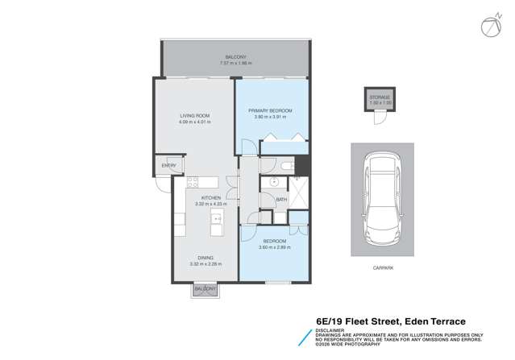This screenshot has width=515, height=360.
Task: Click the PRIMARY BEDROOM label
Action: click(270, 110)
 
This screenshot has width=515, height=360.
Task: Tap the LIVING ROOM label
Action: click(194, 116)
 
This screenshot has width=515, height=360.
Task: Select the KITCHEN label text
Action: click(211, 198)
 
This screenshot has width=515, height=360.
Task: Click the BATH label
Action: click(281, 199)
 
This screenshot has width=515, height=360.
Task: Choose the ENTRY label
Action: click(168, 166)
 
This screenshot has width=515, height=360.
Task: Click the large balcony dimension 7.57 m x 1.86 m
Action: click(235, 63)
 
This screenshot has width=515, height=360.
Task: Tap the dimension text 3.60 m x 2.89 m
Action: click(275, 247)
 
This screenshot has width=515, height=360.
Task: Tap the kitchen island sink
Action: click(217, 217)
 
